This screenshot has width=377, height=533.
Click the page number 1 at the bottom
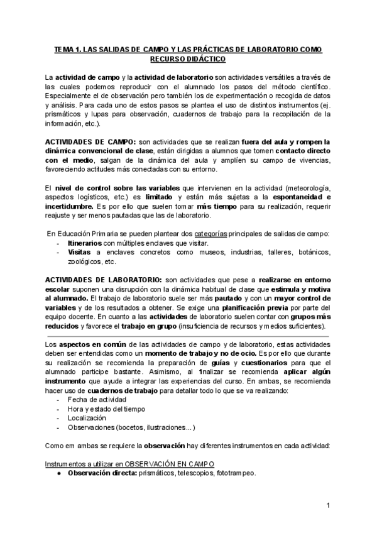pyautogui.click(x=328, y=505)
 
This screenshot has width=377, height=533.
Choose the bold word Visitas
pyautogui.click(x=80, y=251)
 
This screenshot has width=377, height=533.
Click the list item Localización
pyautogui.click(x=88, y=417)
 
